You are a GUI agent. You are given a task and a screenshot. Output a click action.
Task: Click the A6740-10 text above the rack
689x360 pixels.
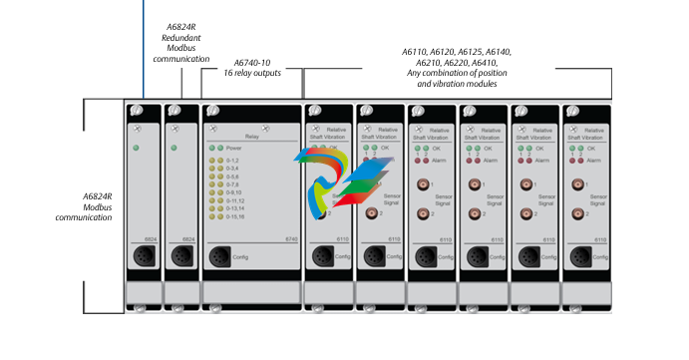(251, 62)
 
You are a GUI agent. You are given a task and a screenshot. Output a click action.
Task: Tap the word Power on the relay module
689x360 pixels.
(236, 147)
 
